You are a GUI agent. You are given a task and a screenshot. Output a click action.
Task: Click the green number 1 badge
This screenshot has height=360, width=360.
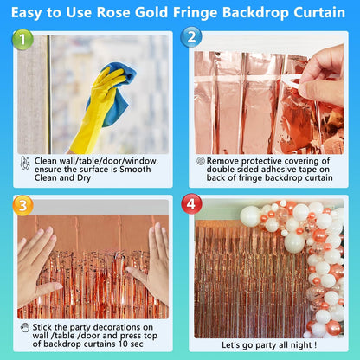[x=22, y=40]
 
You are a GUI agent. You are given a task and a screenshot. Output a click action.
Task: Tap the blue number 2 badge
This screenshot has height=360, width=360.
[x=191, y=37]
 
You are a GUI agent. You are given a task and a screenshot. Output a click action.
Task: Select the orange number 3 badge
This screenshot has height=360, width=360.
[x=22, y=205]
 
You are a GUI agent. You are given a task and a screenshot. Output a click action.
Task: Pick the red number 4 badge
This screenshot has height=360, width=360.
[x=191, y=203]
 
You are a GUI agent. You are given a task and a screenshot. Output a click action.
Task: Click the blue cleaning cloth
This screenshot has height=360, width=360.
[x=115, y=93]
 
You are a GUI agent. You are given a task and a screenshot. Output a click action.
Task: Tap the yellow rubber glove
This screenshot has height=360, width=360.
[x=95, y=110]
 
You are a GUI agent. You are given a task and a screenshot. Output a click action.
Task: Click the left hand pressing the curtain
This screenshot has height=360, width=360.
[x=36, y=266]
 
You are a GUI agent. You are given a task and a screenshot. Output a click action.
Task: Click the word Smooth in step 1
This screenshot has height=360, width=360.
[x=135, y=169]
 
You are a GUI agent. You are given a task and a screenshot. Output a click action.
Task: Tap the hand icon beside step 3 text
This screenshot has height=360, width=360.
[x=25, y=327]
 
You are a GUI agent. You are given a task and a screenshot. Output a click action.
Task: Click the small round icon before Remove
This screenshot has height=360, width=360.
[x=201, y=161]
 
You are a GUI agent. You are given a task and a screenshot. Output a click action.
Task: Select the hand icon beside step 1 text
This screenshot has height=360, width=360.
[x=25, y=163]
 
